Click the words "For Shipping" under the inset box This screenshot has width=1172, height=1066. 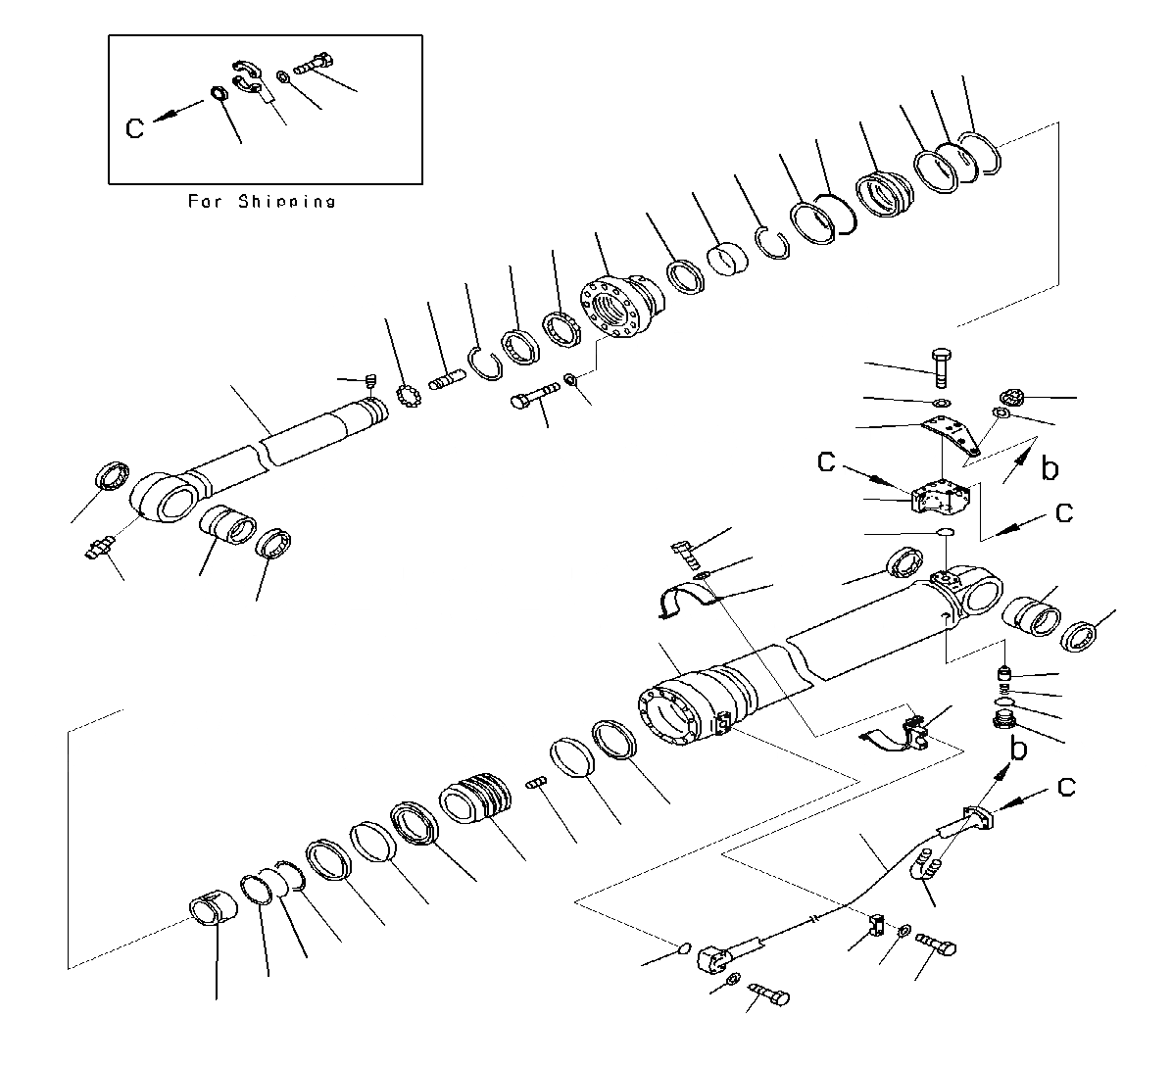tap(261, 201)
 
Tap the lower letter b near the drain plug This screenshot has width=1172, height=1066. tap(1019, 751)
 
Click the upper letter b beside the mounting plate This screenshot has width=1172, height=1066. tap(1050, 469)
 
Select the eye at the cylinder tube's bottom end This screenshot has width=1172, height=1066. tap(973, 594)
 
